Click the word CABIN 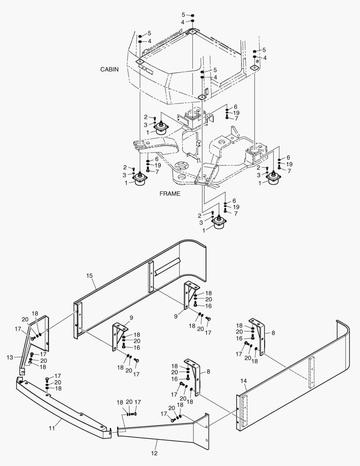pyautogui.click(x=110, y=69)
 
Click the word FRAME pyautogui.click(x=170, y=194)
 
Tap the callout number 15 pyautogui.click(x=90, y=275)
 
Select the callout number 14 pyautogui.click(x=244, y=381)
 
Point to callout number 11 pyautogui.click(x=52, y=428)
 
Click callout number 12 pyautogui.click(x=154, y=453)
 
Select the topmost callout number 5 pyautogui.click(x=183, y=15)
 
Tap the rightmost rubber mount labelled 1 pyautogui.click(x=273, y=178)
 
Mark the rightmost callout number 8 pyautogui.click(x=273, y=333)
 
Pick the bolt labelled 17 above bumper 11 pyautogui.click(x=47, y=379)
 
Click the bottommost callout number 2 pyautogui.click(x=200, y=215)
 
